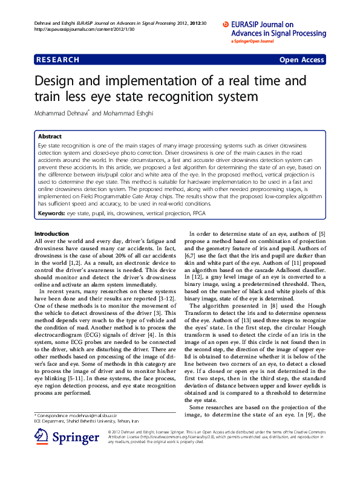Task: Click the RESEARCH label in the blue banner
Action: pos(57,60)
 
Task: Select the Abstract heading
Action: pos(50,137)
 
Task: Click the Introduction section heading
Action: pos(53,233)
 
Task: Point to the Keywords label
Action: pos(51,213)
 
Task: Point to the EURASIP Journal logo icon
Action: pos(226,25)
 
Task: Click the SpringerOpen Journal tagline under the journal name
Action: pos(252,42)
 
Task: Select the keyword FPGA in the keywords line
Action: pos(199,213)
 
